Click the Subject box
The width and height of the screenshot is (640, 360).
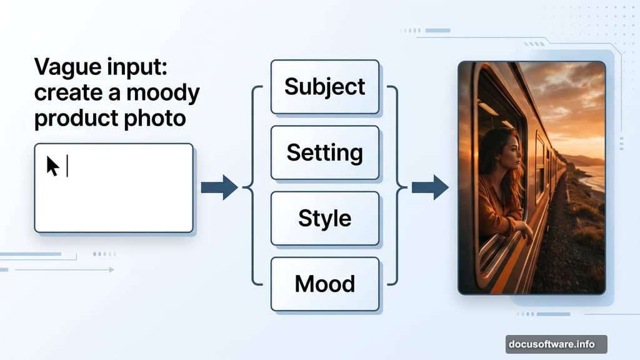click(324, 86)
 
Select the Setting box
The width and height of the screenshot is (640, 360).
click(324, 152)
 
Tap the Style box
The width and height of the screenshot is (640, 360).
click(324, 218)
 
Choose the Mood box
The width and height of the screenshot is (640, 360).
click(324, 284)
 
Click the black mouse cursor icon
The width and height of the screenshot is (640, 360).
click(52, 166)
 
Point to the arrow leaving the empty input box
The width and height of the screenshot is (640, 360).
click(219, 187)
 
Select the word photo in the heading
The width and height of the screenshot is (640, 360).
click(157, 118)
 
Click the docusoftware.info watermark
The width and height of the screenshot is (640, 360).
click(556, 344)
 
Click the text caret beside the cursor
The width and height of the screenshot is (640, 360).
click(67, 166)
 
